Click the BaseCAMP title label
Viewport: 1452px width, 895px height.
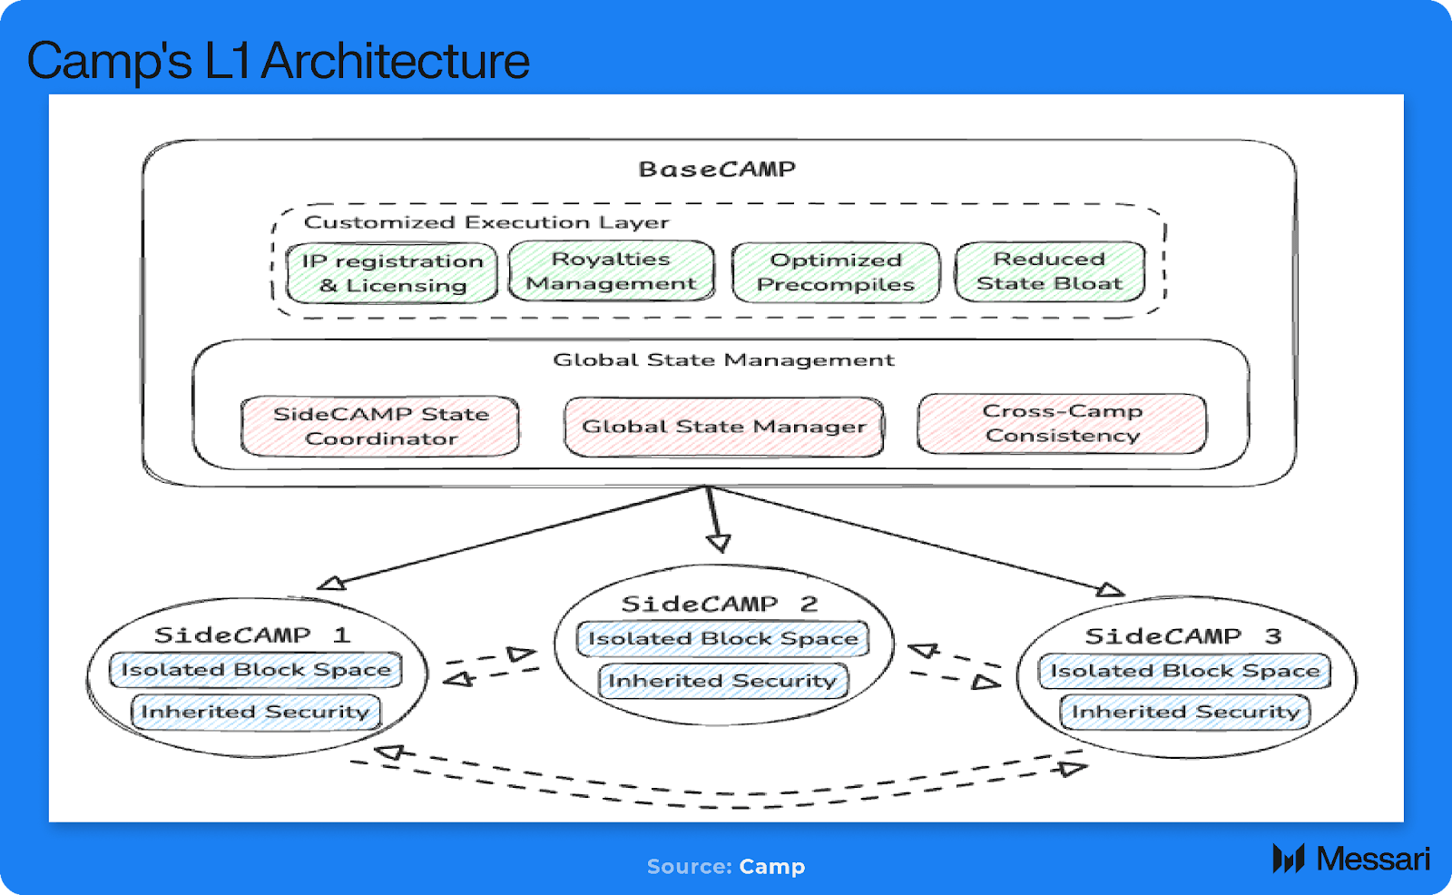pyautogui.click(x=717, y=170)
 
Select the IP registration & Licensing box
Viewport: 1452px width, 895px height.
pyautogui.click(x=392, y=273)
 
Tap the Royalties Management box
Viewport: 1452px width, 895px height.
pyautogui.click(x=611, y=271)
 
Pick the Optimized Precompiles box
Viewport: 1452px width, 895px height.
pyautogui.click(x=836, y=272)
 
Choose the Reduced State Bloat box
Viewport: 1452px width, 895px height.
pyautogui.click(x=1049, y=271)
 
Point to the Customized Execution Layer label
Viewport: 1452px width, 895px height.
pyautogui.click(x=486, y=222)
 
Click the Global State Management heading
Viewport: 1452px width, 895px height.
pyautogui.click(x=723, y=360)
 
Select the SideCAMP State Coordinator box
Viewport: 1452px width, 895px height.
pyautogui.click(x=380, y=426)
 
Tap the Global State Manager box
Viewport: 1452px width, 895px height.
pyautogui.click(x=723, y=427)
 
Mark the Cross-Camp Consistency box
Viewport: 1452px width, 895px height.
pyautogui.click(x=1062, y=423)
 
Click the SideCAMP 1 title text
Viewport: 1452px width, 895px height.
pyautogui.click(x=251, y=635)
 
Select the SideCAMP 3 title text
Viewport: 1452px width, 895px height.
pyautogui.click(x=1182, y=637)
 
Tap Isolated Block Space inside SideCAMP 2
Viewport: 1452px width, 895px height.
pyautogui.click(x=722, y=639)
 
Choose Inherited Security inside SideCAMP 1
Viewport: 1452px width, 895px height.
pyautogui.click(x=255, y=712)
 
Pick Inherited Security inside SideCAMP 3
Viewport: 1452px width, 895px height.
pyautogui.click(x=1185, y=712)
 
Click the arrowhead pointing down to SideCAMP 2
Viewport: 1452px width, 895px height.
pyautogui.click(x=719, y=543)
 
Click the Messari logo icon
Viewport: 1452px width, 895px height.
pyautogui.click(x=1288, y=858)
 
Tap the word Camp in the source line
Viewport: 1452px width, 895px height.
pyautogui.click(x=771, y=867)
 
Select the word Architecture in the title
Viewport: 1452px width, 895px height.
pyautogui.click(x=395, y=62)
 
